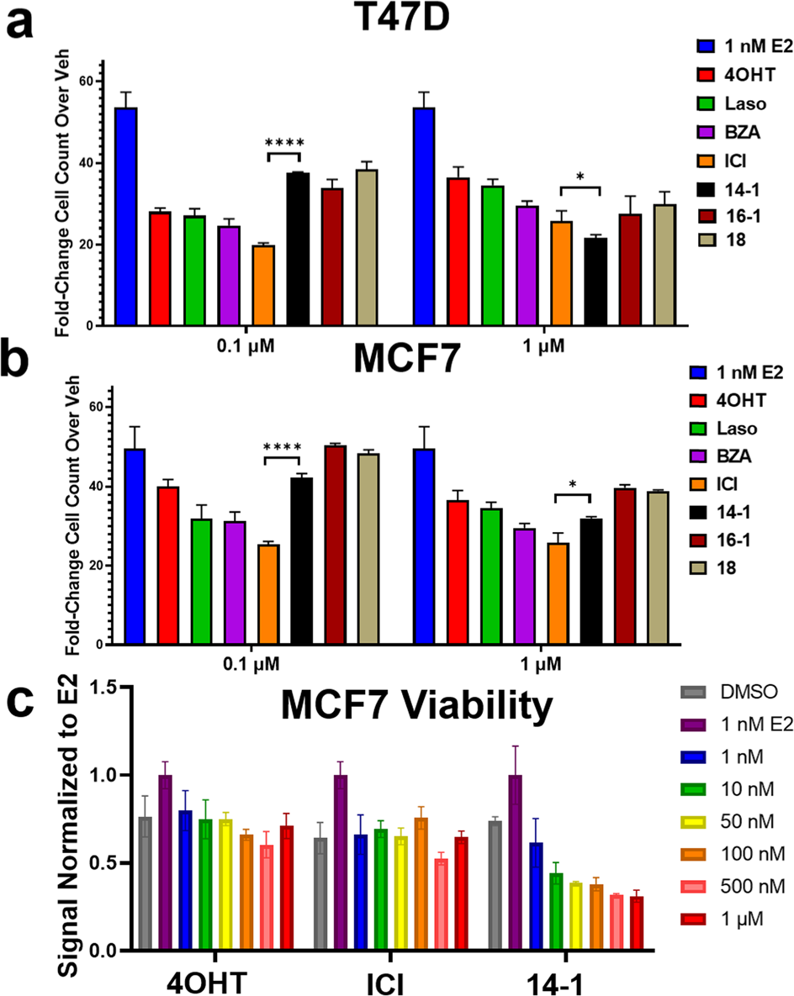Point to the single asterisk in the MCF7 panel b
coord(573,485)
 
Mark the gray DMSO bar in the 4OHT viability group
coord(146,883)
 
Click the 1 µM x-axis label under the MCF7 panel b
coord(551,661)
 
